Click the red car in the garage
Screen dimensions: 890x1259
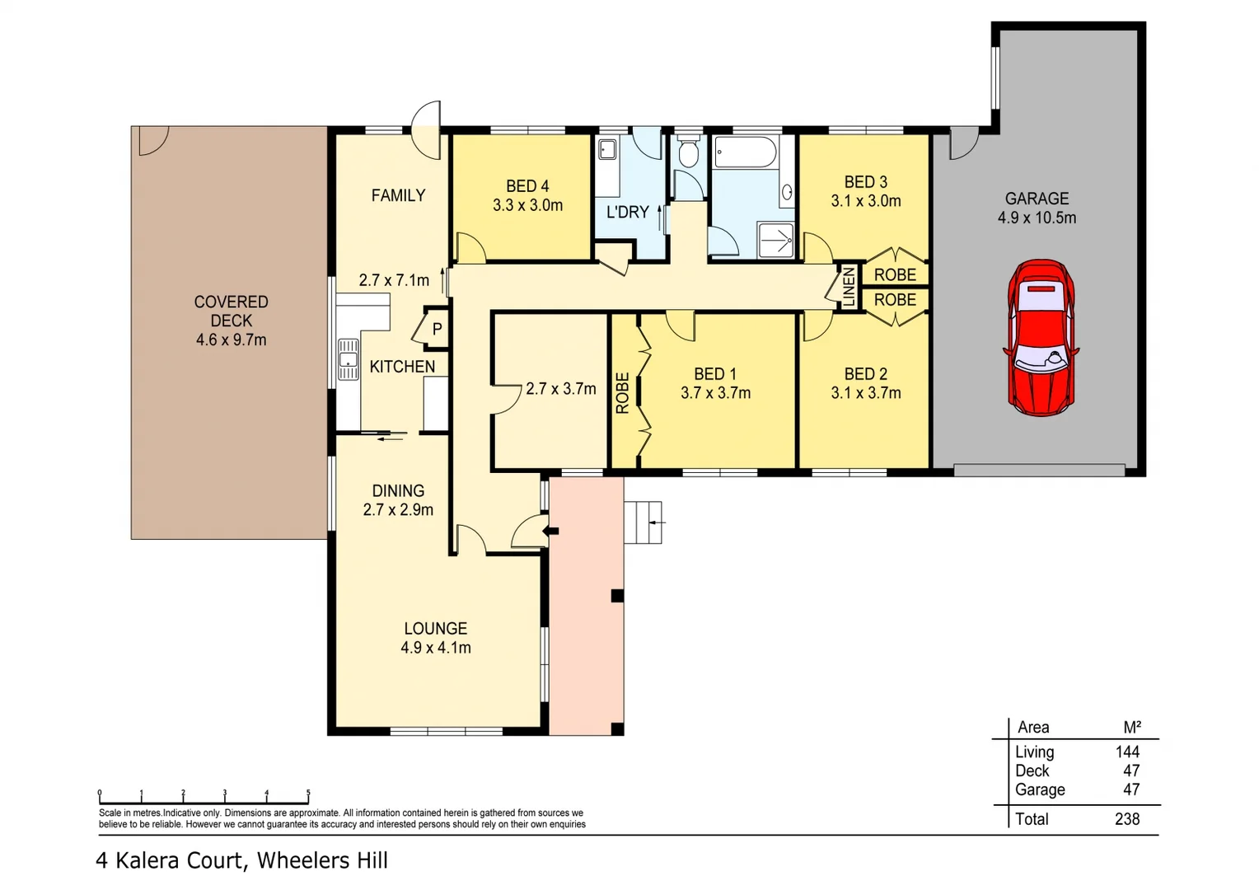click(x=1041, y=337)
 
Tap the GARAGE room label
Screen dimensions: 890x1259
click(x=1037, y=199)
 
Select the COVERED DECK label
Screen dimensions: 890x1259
click(x=231, y=311)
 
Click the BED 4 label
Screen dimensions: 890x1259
click(x=527, y=186)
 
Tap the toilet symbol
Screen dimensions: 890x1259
click(x=688, y=153)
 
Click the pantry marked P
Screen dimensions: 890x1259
click(x=437, y=329)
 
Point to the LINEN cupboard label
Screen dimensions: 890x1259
click(x=849, y=287)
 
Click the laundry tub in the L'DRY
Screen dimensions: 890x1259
click(x=607, y=150)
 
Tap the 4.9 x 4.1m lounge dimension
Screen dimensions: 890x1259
click(x=435, y=648)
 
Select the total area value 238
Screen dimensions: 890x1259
click(x=1126, y=819)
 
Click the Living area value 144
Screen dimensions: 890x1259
click(x=1126, y=752)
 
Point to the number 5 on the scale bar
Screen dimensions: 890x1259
click(x=308, y=794)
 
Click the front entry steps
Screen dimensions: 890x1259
click(x=644, y=522)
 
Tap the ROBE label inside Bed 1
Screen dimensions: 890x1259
click(x=622, y=392)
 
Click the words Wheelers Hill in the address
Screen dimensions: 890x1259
click(x=322, y=860)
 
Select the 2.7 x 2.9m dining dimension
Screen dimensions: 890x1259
click(x=398, y=510)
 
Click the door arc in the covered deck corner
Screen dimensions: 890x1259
click(x=152, y=140)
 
